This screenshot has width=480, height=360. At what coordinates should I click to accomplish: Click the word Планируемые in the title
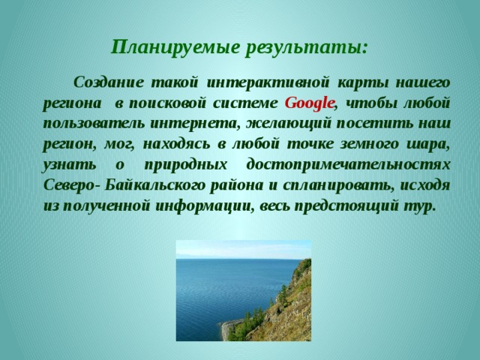(x=175, y=47)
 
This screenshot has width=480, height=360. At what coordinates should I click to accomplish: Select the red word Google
(x=309, y=103)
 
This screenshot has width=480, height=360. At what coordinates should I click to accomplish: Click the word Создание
(x=108, y=82)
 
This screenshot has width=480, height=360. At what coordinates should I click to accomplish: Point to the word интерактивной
(x=268, y=82)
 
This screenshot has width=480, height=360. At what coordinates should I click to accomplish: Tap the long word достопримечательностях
(x=348, y=165)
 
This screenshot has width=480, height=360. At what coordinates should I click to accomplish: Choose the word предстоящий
(x=345, y=206)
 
